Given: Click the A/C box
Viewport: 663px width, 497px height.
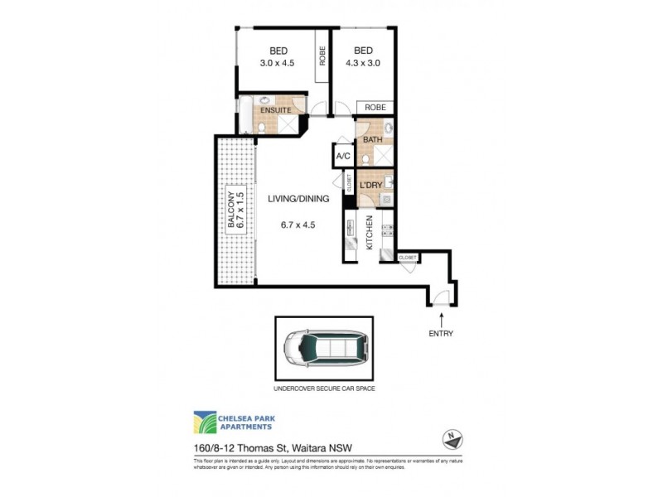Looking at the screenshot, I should [343, 155].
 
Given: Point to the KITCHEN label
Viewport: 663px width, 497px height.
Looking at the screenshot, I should [370, 234].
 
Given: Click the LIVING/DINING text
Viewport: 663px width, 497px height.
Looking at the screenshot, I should [298, 199].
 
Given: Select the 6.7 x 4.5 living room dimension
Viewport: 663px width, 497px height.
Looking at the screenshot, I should [298, 224].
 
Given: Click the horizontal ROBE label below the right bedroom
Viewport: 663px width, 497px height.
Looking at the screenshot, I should [375, 108].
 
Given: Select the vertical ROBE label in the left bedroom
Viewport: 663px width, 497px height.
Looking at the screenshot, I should [322, 55].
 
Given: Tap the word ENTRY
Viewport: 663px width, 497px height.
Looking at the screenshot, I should [441, 334].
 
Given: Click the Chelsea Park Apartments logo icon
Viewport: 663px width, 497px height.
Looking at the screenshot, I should [205, 422].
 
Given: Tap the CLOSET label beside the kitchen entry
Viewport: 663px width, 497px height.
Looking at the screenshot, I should [407, 258].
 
